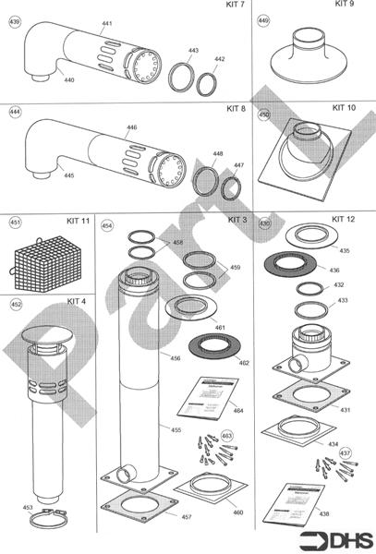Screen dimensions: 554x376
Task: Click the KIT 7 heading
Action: (236, 6)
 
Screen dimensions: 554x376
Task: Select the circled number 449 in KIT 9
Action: (264, 19)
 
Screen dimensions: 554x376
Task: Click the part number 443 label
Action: (193, 50)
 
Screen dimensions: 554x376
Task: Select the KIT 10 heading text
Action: (344, 108)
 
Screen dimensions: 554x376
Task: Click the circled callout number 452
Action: (15, 303)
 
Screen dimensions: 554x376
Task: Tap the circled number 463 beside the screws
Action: (227, 435)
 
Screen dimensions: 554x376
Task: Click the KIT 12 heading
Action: (343, 219)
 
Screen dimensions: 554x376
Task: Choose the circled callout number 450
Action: (264, 116)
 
